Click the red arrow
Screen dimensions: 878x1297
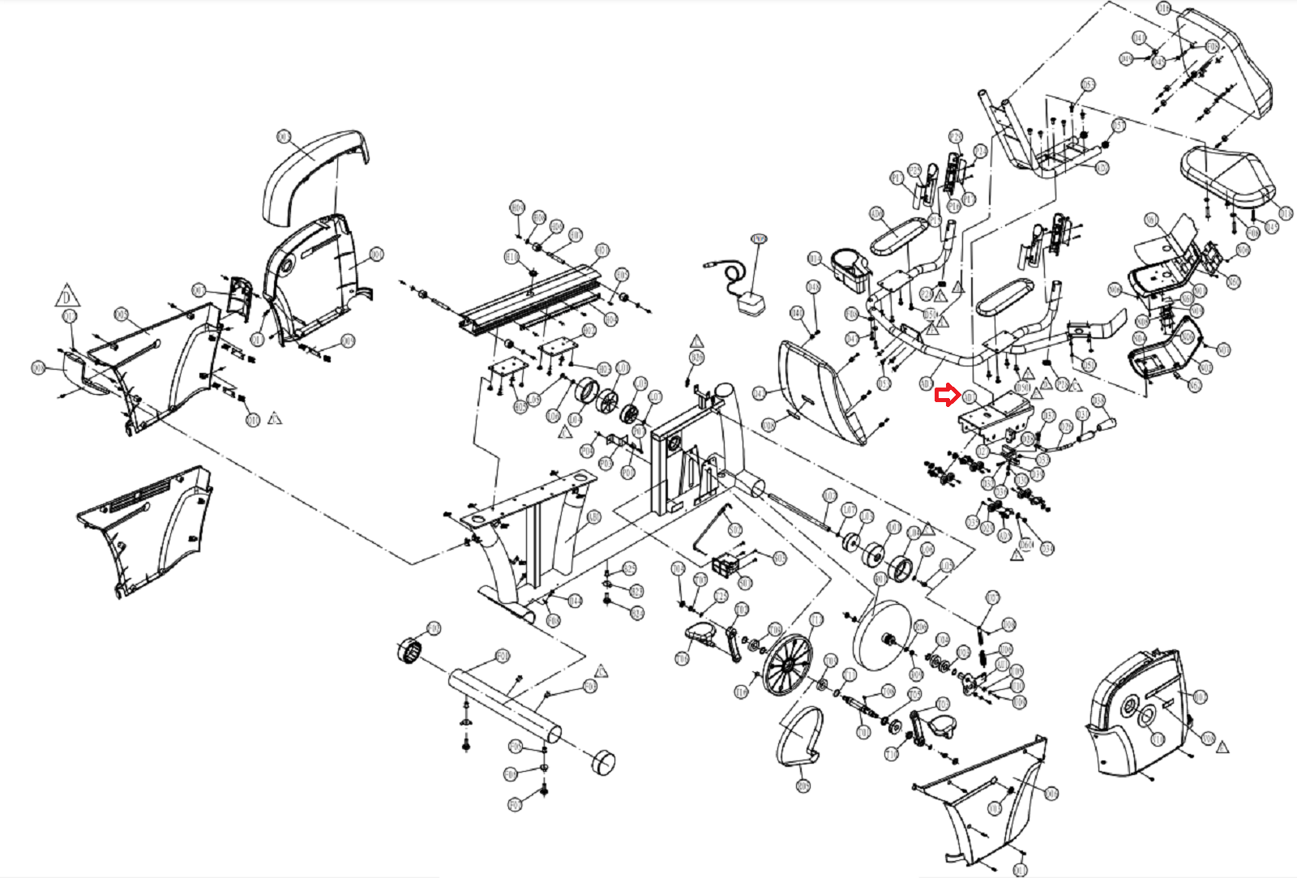pyautogui.click(x=945, y=396)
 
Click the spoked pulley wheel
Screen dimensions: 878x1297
pyautogui.click(x=786, y=665)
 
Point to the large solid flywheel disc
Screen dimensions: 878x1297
pyautogui.click(x=880, y=636)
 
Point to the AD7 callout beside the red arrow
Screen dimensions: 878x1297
pyautogui.click(x=969, y=396)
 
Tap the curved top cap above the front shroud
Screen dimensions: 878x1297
pyautogui.click(x=316, y=174)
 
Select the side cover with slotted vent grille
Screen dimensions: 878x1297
pyautogui.click(x=146, y=527)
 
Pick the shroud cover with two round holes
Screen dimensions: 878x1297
pyautogui.click(x=1139, y=709)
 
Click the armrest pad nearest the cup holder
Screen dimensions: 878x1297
pyautogui.click(x=898, y=236)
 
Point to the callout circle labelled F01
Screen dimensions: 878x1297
pyautogui.click(x=503, y=655)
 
